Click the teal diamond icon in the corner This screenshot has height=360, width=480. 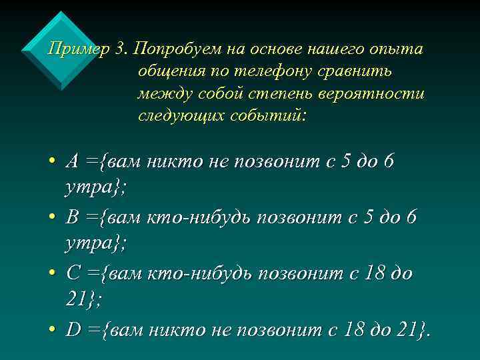tap(59, 50)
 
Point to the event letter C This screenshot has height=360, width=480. tap(73, 273)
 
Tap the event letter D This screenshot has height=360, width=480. tap(73, 329)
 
